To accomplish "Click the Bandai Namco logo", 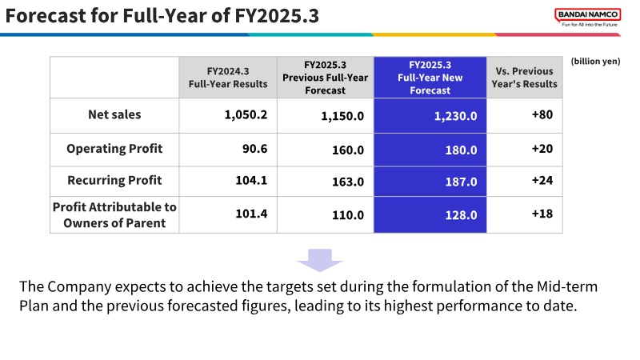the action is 588,18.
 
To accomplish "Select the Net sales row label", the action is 114,114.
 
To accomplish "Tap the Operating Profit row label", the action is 114,149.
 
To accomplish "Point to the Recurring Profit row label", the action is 114,181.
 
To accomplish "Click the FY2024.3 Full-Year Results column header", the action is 228,78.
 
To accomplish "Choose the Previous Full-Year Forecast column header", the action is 326,78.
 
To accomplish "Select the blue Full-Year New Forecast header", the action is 430,78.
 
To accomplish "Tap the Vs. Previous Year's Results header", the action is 525,78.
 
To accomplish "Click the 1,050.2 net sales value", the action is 246,114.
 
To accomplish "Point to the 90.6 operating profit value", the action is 255,149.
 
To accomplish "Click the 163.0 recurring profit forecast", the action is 348,182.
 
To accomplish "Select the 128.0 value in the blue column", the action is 462,215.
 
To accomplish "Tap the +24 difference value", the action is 542,181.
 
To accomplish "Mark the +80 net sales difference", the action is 542,114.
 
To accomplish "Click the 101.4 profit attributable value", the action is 251,214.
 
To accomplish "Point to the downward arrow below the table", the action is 320,261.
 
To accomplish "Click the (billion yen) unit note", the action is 595,62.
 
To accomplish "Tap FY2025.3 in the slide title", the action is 277,16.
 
